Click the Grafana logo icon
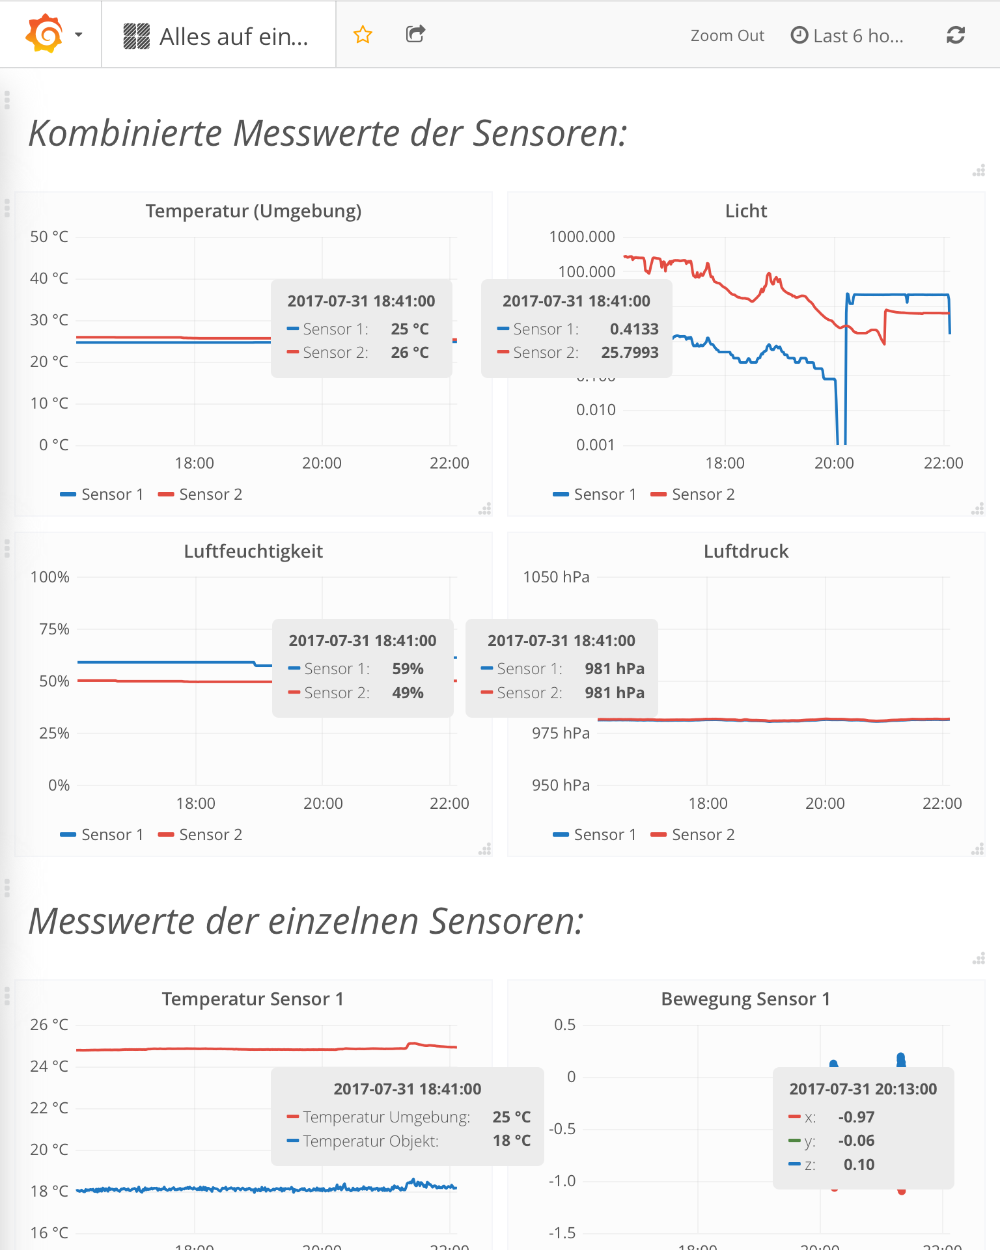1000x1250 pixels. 44,34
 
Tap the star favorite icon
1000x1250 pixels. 363,34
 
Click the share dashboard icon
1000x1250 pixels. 415,34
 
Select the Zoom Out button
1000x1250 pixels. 727,36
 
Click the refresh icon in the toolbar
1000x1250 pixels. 955,35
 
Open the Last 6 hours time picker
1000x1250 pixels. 847,36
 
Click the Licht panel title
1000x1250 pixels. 746,211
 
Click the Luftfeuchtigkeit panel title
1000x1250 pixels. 253,551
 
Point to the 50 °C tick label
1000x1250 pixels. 49,237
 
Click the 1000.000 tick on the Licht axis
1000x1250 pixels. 582,237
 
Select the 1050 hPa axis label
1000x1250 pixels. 557,577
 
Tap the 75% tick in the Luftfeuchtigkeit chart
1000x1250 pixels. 54,629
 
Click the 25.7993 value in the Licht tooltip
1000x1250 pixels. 630,353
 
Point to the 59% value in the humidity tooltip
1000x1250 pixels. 408,669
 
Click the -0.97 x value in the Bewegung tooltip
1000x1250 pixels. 856,1117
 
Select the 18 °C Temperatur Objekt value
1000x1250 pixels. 512,1141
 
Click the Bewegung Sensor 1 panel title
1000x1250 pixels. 745,999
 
